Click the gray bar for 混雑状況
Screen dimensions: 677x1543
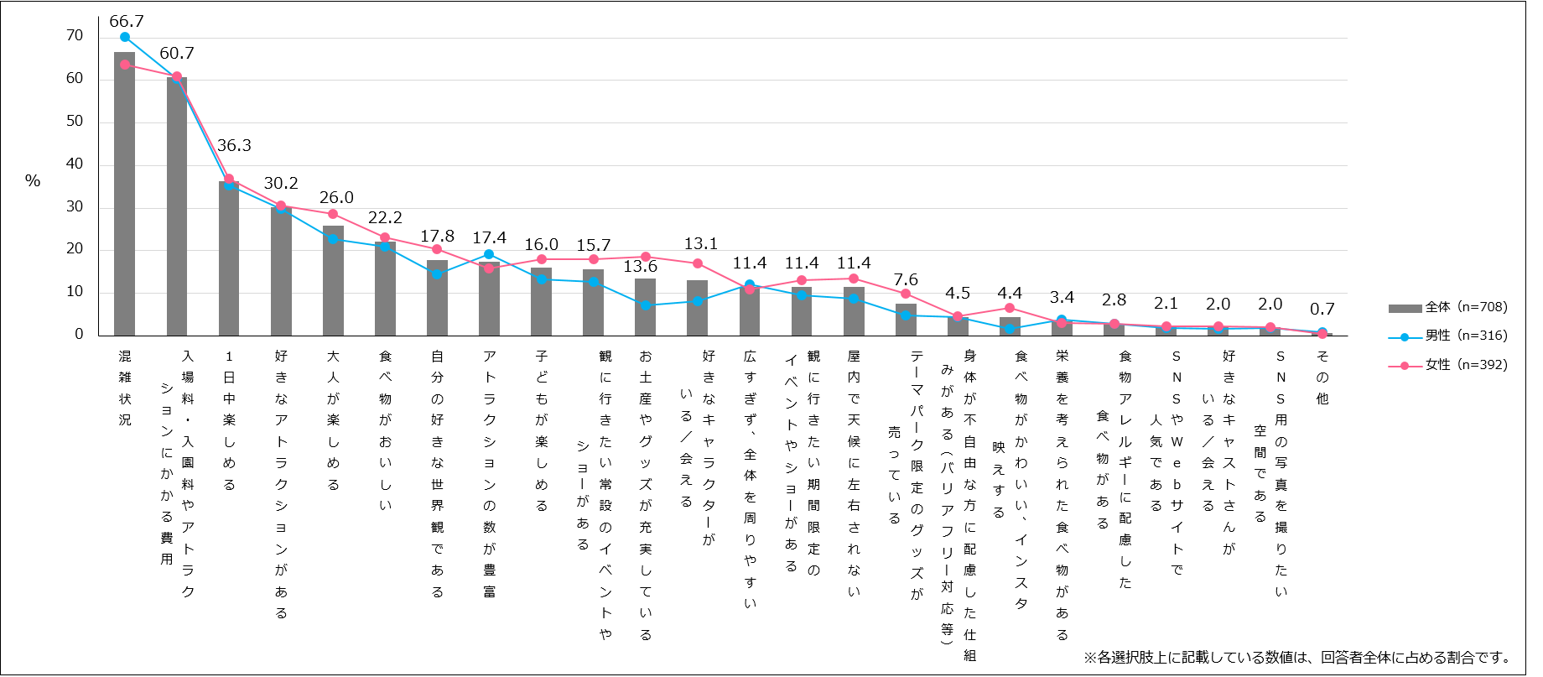125,194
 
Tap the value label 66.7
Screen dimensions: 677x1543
127,21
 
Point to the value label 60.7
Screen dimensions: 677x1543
177,54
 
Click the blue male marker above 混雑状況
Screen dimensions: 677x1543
125,37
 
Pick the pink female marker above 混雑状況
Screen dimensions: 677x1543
125,65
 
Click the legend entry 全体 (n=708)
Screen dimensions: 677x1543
1448,307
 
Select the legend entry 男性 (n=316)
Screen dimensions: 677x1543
1448,336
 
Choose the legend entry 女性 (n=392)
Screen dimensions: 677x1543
1448,365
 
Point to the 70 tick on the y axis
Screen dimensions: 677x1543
75,35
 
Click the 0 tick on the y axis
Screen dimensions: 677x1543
79,334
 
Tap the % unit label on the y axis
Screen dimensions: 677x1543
33,181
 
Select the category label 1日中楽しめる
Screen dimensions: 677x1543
229,419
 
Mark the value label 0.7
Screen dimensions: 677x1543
1322,310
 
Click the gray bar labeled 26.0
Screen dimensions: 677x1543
333,280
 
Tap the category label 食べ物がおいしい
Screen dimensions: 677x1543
385,430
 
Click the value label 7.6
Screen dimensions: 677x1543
906,280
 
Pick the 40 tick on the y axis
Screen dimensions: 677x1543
75,164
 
